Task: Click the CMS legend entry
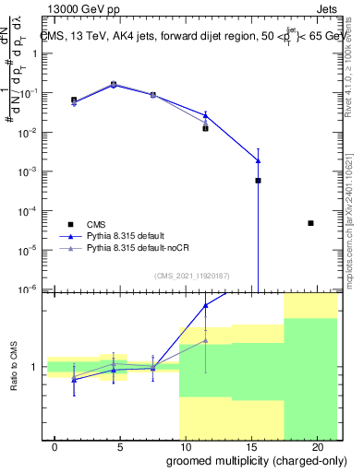click(96, 223)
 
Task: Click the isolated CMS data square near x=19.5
click(310, 223)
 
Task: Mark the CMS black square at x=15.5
click(258, 181)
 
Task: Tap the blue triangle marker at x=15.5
click(258, 160)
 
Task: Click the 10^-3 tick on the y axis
click(32, 171)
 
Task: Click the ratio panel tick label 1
click(36, 367)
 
